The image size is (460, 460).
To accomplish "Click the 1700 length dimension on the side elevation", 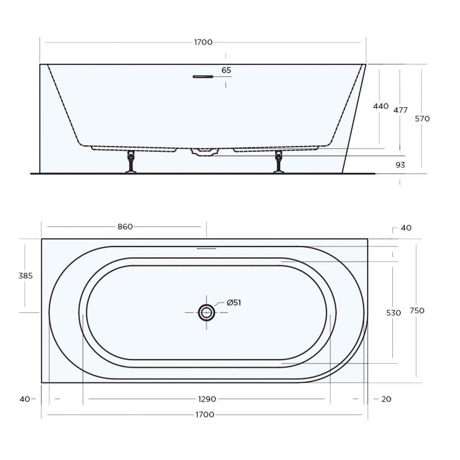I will pos(203,42).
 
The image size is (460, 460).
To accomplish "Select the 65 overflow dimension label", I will pos(226,70).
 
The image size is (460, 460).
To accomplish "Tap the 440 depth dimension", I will pos(381,106).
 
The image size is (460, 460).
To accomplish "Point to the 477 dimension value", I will pos(400,110).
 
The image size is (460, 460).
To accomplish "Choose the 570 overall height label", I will pos(422,119).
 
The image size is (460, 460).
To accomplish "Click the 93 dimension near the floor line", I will pos(400,165).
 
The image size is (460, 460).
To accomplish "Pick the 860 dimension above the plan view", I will pos(125,227).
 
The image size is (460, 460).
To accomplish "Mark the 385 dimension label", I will pos(26,276).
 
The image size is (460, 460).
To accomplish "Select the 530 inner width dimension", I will pos(394,313).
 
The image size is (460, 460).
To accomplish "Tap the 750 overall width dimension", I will pos(417,310).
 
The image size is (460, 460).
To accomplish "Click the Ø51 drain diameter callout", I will pos(234,303).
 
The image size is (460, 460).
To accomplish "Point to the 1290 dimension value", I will pos(207,399).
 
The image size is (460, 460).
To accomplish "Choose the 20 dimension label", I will pos(386,399).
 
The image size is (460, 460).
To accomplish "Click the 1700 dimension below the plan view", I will pos(205,414).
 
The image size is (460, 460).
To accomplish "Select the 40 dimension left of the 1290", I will pos(25,399).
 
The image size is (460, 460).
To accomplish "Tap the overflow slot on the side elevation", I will pos(202,77).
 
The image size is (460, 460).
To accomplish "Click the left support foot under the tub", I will pos(131,162).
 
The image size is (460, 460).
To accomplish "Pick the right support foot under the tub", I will pos(279,162).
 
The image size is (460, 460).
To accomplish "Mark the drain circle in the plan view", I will pos(207,312).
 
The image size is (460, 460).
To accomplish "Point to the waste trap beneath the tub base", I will pos(204,152).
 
